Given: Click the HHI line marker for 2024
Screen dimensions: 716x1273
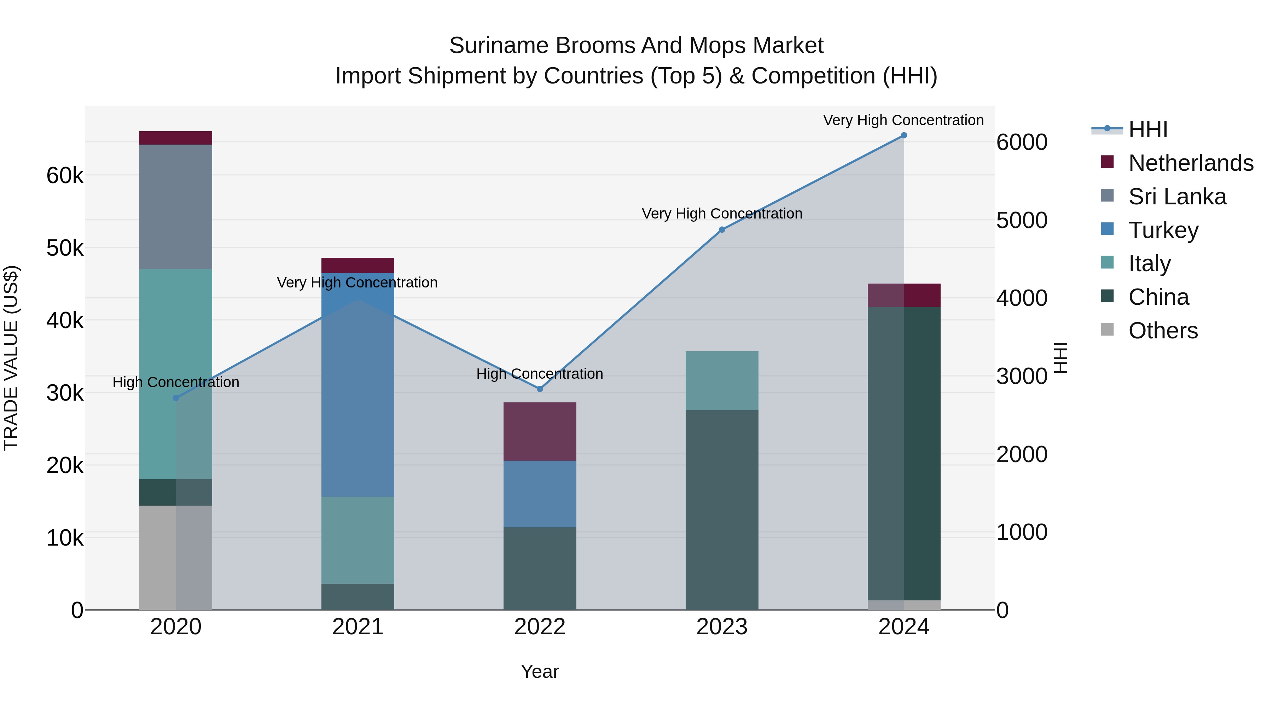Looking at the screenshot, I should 904,135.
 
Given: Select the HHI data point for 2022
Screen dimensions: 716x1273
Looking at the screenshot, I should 540,389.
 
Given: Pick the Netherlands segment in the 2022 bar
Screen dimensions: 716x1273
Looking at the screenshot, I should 540,431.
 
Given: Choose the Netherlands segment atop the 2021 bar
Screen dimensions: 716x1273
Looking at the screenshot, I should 358,265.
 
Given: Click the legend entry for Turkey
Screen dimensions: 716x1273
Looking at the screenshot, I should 1163,230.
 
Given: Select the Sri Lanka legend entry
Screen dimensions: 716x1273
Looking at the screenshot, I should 1177,197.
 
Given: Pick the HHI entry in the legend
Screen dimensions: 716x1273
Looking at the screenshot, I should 1147,129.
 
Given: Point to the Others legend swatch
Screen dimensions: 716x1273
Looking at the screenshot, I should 1108,330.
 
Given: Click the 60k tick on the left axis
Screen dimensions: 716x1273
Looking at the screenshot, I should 65,175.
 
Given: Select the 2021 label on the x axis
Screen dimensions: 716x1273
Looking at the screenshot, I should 358,627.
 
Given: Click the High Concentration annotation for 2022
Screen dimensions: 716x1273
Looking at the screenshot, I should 540,374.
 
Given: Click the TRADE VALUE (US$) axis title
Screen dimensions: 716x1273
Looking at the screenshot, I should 11,358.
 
